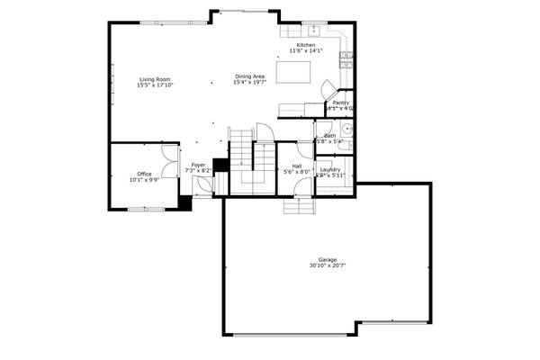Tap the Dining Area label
coord(249,76)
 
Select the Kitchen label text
coord(306,45)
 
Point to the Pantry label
coord(340,103)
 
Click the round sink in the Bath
coord(346,130)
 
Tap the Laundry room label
coord(329,169)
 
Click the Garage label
coord(327,259)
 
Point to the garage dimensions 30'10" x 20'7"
coord(327,265)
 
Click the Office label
coord(144,173)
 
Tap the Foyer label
coord(198,166)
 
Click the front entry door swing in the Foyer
coord(203,184)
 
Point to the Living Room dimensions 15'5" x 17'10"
coord(154,85)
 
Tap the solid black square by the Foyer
coord(219,166)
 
